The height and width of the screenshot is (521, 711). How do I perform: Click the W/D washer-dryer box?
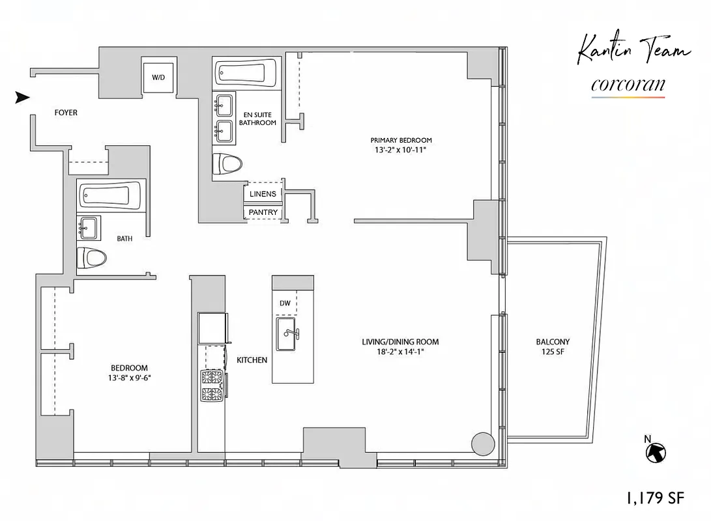pos(158,77)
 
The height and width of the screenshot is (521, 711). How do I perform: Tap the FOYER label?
pos(65,113)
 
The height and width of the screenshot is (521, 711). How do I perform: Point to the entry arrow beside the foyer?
pos(23,98)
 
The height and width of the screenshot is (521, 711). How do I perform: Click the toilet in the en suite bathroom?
pos(227,163)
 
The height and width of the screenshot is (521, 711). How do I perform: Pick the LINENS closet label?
pos(263,194)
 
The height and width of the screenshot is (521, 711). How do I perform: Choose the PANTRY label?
pos(263,212)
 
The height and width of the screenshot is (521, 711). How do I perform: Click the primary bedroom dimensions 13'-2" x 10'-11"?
pos(401,150)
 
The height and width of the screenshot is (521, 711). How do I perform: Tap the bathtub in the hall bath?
pos(110,195)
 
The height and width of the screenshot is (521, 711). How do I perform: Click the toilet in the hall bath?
pos(92,258)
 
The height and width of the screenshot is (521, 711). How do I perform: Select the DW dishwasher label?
pos(285,303)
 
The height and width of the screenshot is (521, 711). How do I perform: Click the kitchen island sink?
pos(287,333)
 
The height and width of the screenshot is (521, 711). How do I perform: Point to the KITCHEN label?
pos(252,360)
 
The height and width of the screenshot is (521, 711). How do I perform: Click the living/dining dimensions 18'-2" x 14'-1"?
pos(400,352)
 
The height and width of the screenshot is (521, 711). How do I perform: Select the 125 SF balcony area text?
pos(553,352)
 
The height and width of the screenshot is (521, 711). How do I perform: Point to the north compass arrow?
pos(656,451)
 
